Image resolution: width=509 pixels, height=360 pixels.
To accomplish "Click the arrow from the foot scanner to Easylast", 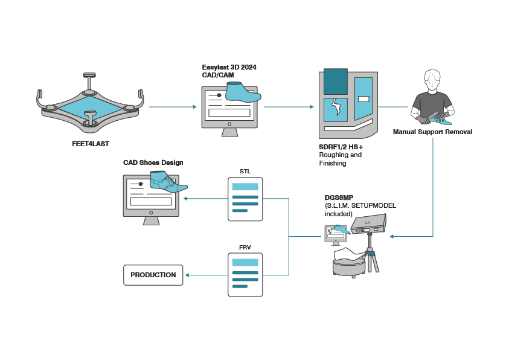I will click(x=172, y=107).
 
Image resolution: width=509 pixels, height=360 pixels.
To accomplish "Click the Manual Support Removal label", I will click(x=432, y=132).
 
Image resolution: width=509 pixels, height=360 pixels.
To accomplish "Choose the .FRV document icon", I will click(x=245, y=275).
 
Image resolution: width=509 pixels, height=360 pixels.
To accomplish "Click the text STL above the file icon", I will click(x=245, y=171).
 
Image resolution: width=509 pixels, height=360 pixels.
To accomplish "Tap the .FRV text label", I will click(x=245, y=246).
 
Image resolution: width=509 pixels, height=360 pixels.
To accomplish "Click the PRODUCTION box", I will click(x=153, y=275).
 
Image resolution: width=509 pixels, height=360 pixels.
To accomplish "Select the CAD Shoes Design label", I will click(x=153, y=162).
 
